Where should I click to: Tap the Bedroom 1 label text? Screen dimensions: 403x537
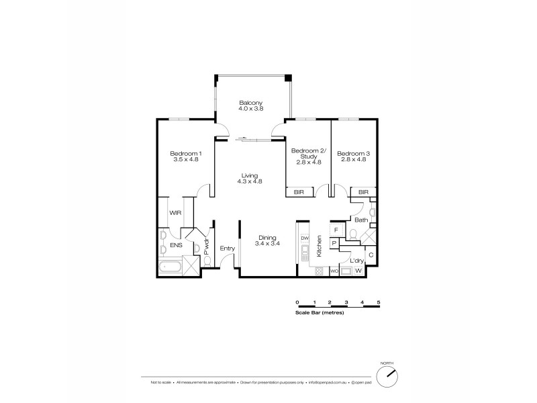click(x=187, y=153)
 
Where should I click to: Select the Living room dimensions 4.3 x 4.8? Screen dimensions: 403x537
click(x=248, y=181)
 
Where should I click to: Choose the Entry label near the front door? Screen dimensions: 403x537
click(x=227, y=249)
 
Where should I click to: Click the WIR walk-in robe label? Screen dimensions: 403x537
click(x=176, y=212)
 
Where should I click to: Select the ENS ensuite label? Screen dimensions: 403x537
click(x=176, y=246)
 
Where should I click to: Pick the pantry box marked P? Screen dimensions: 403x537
click(x=334, y=243)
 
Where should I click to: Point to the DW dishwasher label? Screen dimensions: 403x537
click(x=304, y=238)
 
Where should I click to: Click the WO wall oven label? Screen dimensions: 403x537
click(x=334, y=271)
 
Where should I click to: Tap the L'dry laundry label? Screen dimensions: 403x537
click(x=356, y=261)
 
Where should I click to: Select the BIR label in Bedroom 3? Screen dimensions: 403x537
click(x=362, y=192)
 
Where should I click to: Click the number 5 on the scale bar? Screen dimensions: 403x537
click(x=379, y=304)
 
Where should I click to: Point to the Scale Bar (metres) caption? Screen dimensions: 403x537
click(x=319, y=313)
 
